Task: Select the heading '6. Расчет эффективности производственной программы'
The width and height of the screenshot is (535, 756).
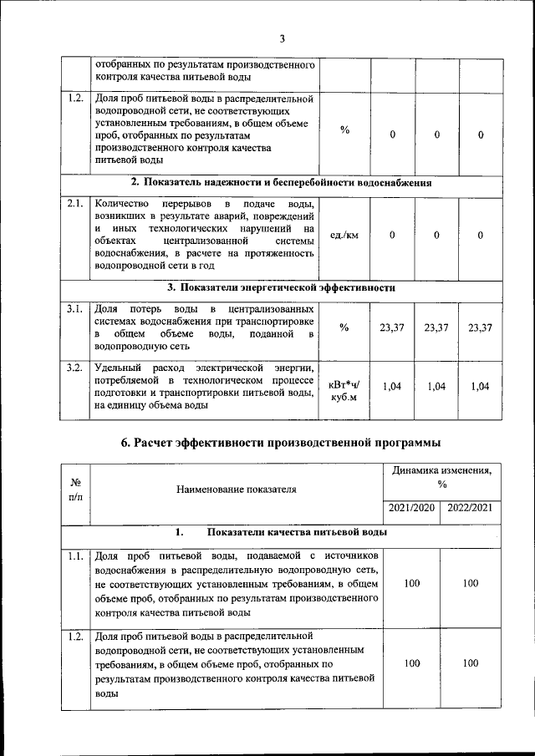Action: click(281, 442)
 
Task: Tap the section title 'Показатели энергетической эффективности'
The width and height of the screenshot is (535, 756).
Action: click(281, 287)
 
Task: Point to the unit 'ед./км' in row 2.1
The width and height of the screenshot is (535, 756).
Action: click(344, 236)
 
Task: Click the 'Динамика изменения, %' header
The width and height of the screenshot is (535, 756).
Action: click(441, 478)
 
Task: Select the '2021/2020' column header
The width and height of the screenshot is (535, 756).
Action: click(412, 508)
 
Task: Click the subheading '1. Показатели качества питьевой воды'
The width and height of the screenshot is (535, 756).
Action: click(281, 531)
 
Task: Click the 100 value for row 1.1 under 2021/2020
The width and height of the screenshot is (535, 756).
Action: click(412, 583)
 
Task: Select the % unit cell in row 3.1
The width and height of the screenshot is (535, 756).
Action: click(344, 327)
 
